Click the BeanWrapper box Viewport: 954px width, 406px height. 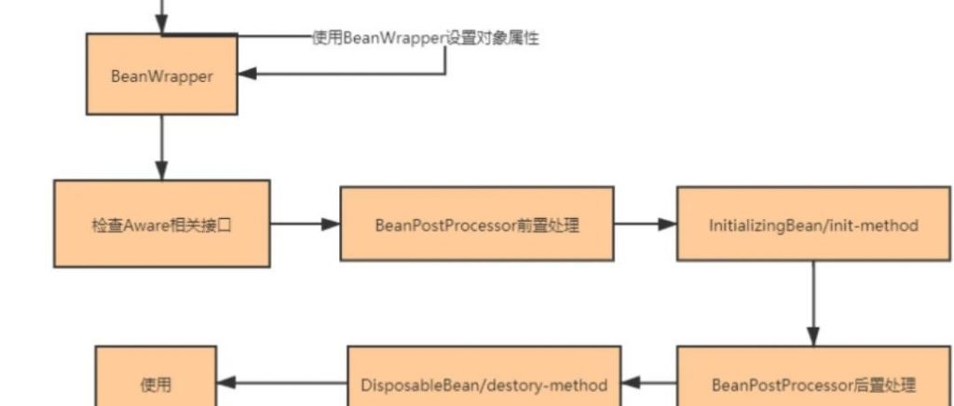(x=161, y=74)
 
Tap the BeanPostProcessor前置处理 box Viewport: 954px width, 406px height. (x=476, y=224)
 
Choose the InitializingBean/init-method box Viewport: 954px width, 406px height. (x=813, y=224)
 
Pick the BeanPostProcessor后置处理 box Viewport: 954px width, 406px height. (x=813, y=384)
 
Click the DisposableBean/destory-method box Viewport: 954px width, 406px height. (x=484, y=384)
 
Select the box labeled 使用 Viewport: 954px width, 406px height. (x=157, y=384)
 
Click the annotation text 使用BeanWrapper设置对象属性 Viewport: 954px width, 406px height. (x=426, y=38)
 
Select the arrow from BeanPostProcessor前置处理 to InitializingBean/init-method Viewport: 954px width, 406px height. (x=645, y=224)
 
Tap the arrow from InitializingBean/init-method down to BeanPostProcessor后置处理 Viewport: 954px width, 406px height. (x=813, y=303)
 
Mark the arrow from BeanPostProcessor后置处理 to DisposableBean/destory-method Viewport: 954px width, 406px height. (x=649, y=383)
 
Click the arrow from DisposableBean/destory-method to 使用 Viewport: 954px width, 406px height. (x=282, y=383)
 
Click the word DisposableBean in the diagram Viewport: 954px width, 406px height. (x=406, y=385)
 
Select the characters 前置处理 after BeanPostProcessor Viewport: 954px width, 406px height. (x=548, y=225)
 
